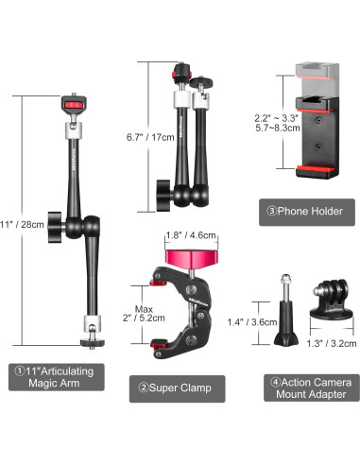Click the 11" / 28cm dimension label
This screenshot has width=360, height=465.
(22, 225)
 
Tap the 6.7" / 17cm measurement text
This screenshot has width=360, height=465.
(150, 137)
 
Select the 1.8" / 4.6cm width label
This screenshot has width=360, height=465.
(191, 235)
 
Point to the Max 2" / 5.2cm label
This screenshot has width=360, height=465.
(144, 314)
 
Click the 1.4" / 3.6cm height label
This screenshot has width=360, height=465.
(252, 322)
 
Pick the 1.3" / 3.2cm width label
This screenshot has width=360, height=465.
(332, 343)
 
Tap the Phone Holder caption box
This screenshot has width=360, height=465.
(307, 212)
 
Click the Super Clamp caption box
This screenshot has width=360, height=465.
(178, 388)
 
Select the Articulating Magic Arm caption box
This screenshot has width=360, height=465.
(57, 377)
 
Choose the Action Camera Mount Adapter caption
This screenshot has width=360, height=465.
(312, 387)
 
